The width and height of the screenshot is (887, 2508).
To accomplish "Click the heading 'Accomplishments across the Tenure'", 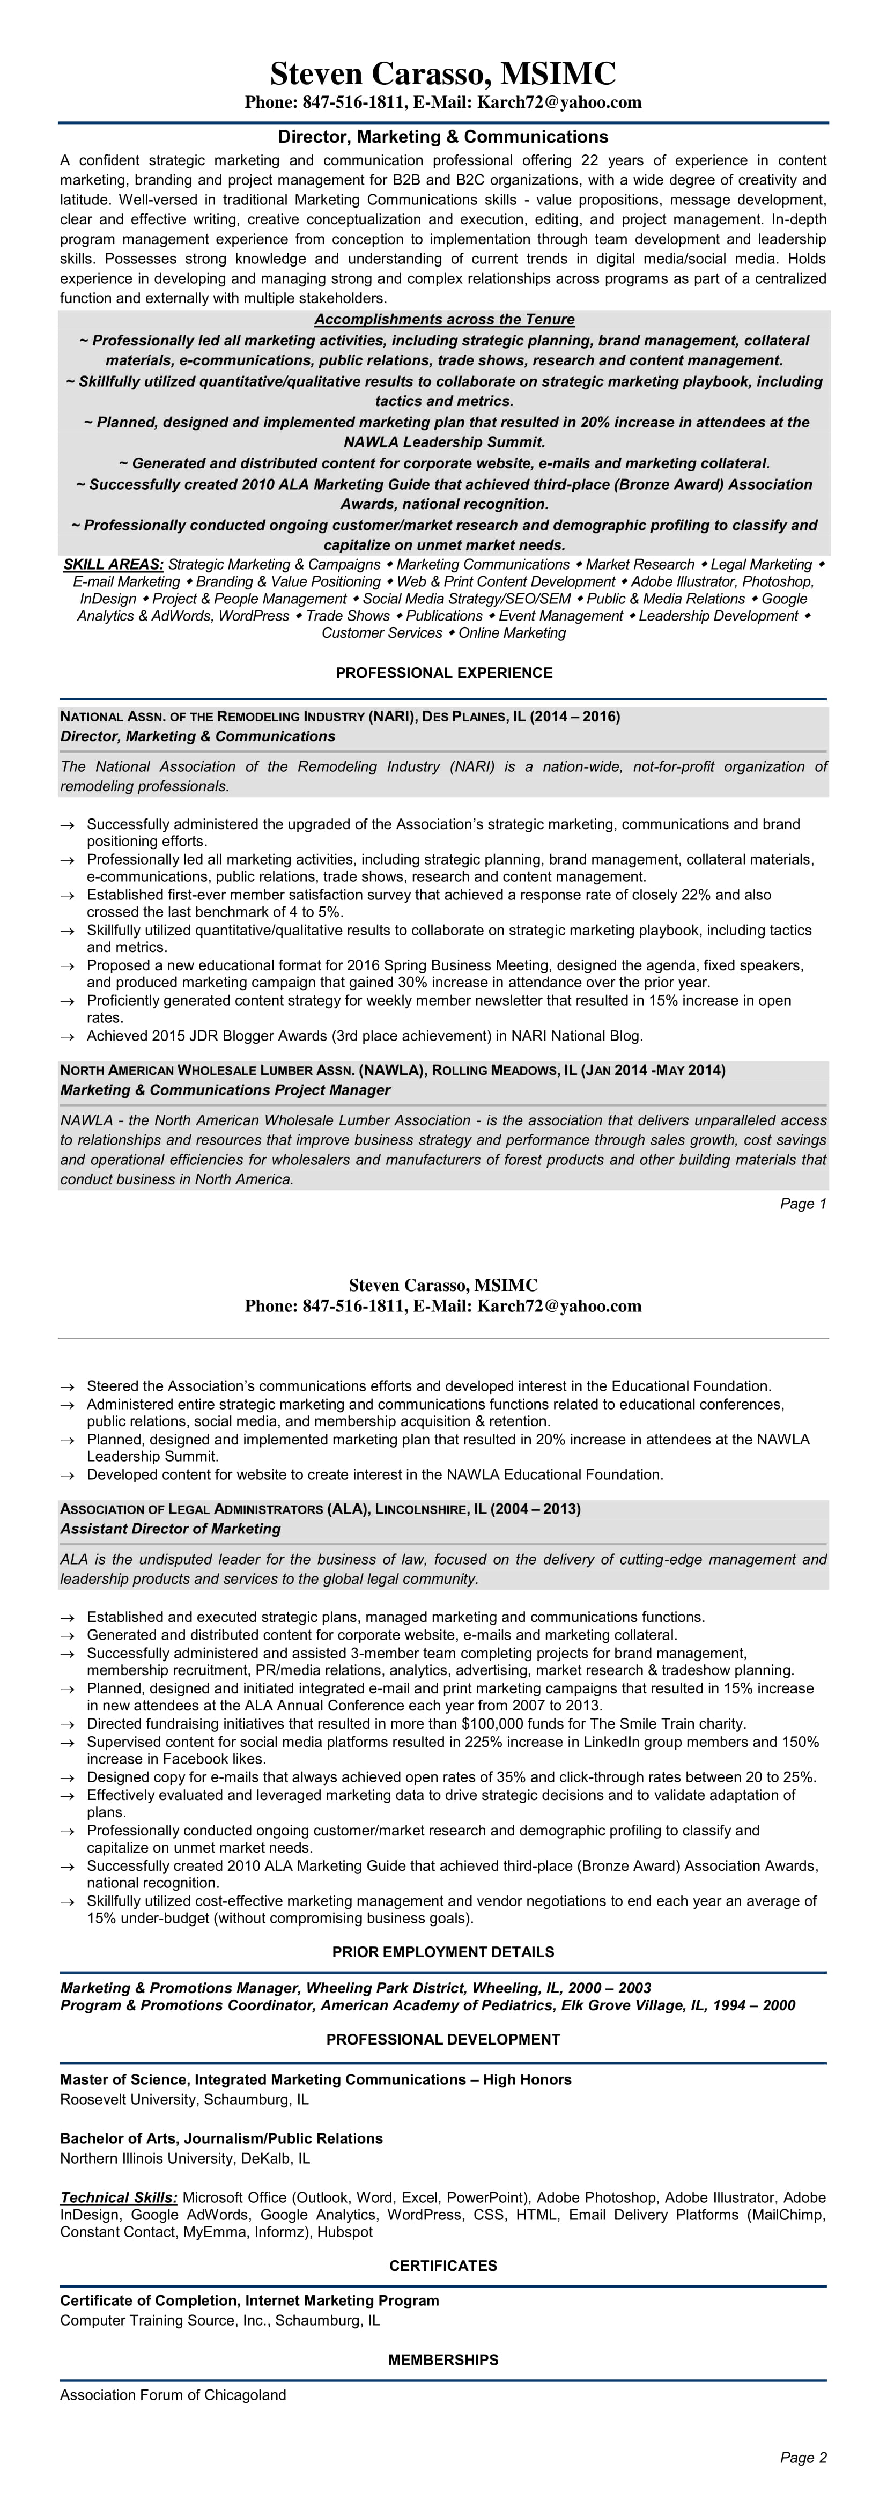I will coord(444,319).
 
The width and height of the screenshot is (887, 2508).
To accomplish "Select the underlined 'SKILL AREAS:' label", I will coord(113,565).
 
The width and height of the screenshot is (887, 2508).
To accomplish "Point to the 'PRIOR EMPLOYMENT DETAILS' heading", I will coord(443,1952).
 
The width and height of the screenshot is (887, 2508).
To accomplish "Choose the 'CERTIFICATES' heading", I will coord(443,2266).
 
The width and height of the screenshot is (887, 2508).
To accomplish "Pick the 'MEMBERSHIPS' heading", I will coord(443,2360).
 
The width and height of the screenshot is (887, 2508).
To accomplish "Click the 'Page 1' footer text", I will coord(803,1204).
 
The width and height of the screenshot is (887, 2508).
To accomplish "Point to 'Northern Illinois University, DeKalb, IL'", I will coord(185,2158).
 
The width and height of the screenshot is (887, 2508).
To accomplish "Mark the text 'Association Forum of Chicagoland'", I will coord(173,2395).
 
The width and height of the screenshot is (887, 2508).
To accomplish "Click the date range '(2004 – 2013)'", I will coord(536,1509).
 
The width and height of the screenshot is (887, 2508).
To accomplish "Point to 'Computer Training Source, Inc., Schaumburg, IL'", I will coord(220,2320).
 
